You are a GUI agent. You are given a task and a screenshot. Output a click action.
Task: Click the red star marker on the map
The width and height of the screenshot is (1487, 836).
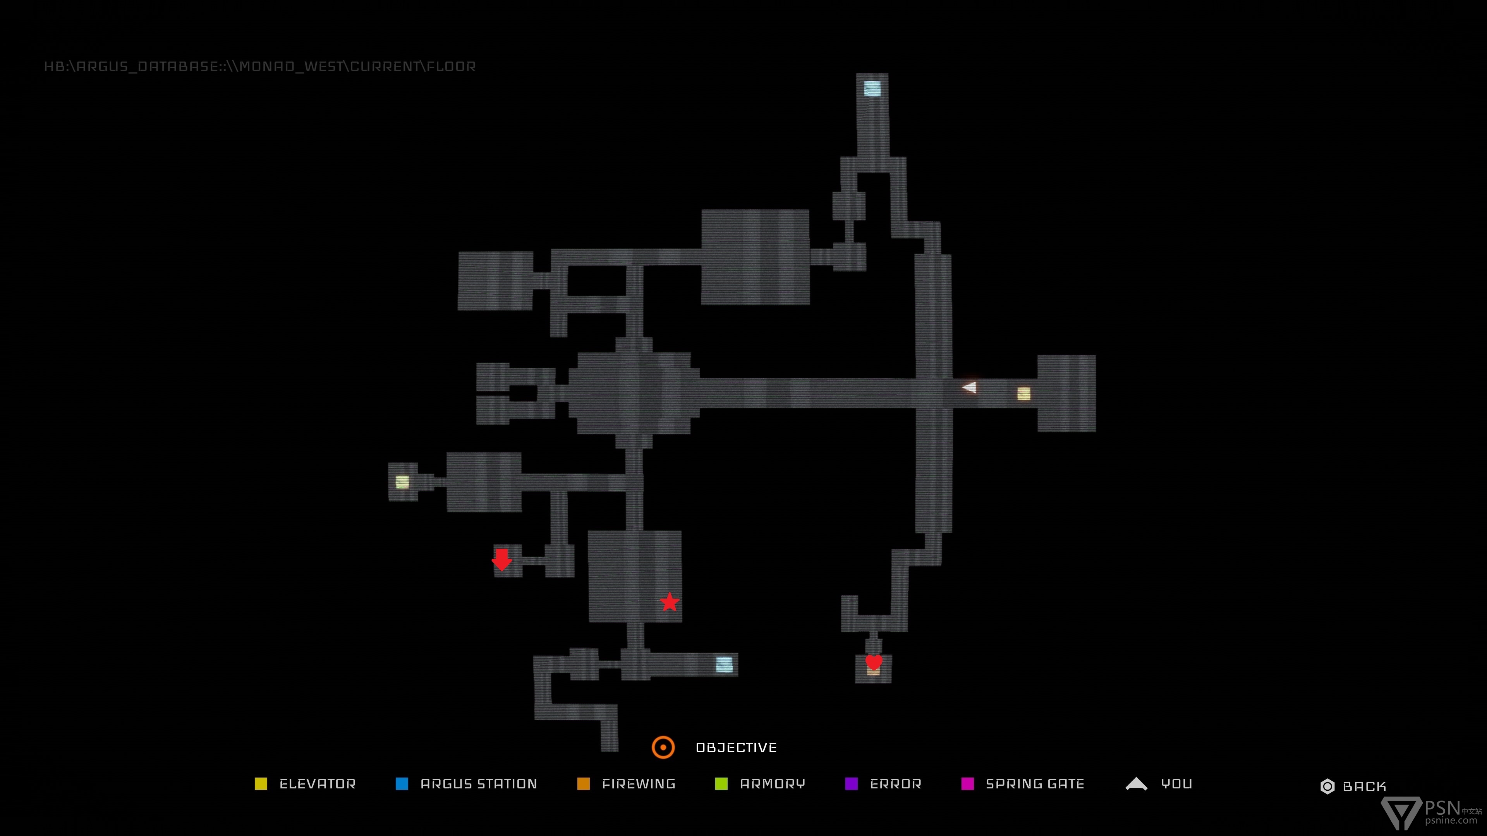click(670, 602)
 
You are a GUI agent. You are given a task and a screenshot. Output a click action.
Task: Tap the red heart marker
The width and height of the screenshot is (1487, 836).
click(874, 662)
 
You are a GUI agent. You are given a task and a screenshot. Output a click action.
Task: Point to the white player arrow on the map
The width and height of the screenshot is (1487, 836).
click(969, 387)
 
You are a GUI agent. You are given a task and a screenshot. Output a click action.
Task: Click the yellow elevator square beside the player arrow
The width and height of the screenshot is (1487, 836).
click(1023, 394)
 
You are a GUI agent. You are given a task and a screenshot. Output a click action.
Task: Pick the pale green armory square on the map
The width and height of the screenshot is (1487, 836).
click(402, 482)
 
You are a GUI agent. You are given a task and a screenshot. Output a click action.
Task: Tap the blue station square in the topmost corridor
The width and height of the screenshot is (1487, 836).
click(872, 88)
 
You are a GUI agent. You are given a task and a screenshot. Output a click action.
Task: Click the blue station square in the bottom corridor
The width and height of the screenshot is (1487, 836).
click(725, 665)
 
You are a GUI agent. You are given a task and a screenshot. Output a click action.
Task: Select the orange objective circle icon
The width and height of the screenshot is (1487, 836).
click(663, 747)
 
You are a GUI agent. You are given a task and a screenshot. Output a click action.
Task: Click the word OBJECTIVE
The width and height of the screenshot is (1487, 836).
click(736, 748)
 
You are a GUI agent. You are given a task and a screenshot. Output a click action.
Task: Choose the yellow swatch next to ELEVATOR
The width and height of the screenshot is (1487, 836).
click(261, 783)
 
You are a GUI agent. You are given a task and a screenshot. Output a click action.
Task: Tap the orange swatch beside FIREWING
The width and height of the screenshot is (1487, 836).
click(584, 783)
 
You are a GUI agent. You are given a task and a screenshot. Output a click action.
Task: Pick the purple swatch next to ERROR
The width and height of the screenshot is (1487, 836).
click(852, 783)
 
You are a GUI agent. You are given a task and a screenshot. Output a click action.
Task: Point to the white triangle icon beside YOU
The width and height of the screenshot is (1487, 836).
click(1137, 783)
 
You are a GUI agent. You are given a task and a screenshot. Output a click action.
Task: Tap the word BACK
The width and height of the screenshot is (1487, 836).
click(1365, 786)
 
